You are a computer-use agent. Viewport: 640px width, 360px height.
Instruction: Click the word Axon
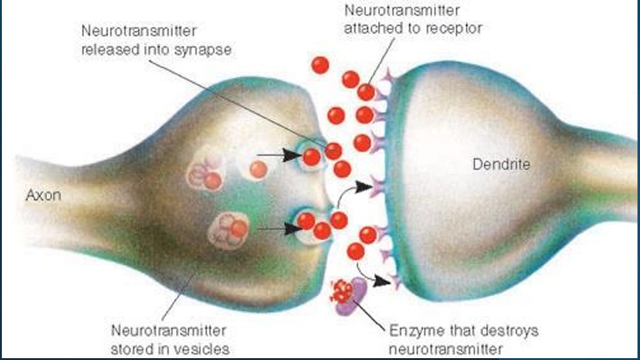[x=43, y=195]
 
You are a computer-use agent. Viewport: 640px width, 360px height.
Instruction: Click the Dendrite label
[x=501, y=164]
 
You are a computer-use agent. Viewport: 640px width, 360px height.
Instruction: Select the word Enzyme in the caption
[x=414, y=330]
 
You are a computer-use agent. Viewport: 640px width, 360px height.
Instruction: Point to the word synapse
[x=207, y=50]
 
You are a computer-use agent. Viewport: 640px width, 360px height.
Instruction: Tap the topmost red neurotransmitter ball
[x=320, y=65]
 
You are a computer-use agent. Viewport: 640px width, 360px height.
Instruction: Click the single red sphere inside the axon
[x=258, y=169]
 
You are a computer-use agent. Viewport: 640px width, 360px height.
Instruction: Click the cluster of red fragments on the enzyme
[x=342, y=289]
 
